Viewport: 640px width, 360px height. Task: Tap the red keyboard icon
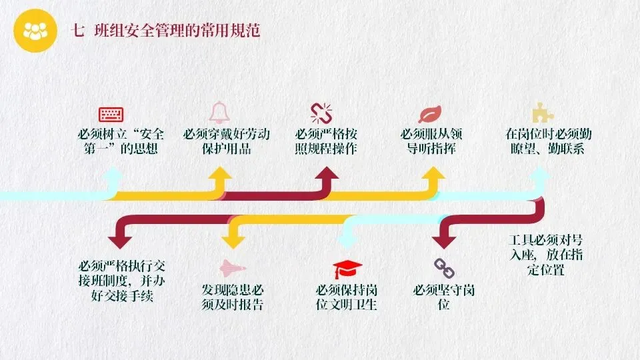pyautogui.click(x=113, y=114)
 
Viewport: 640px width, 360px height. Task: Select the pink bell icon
pyautogui.click(x=218, y=112)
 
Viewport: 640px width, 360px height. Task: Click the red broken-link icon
pyautogui.click(x=321, y=113)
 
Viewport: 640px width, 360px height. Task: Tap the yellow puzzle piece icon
pyautogui.click(x=539, y=112)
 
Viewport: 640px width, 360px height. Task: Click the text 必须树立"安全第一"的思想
pyautogui.click(x=121, y=141)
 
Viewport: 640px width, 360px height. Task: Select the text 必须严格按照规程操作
pyautogui.click(x=326, y=141)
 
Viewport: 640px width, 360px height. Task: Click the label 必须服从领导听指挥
pyautogui.click(x=431, y=141)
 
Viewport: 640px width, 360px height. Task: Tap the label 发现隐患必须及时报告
pyautogui.click(x=233, y=297)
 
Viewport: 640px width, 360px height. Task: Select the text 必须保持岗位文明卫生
pyautogui.click(x=347, y=297)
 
